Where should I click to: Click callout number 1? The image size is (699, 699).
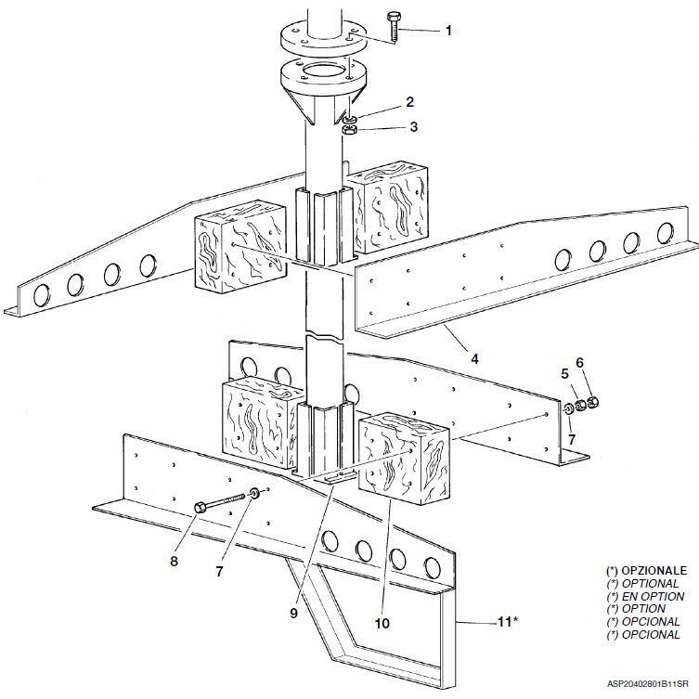[448, 31]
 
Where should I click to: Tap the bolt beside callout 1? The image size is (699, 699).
[393, 27]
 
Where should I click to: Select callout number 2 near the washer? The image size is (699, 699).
[409, 102]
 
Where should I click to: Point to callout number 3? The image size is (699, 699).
[414, 127]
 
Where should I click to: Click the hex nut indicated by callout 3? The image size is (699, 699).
[348, 131]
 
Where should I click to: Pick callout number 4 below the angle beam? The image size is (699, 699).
[474, 358]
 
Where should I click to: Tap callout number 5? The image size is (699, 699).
[564, 373]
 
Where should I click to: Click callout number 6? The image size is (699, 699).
[579, 362]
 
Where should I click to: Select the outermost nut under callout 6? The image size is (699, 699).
[592, 402]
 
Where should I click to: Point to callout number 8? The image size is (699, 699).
[174, 561]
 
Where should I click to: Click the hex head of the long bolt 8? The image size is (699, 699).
[201, 508]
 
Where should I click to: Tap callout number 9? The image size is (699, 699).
[293, 614]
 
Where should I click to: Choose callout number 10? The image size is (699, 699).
[382, 624]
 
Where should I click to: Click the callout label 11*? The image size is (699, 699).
[508, 621]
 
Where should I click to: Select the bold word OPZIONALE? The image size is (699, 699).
[654, 571]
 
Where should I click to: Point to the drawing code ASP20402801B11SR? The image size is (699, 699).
[647, 684]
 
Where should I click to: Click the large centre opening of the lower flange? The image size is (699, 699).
[323, 71]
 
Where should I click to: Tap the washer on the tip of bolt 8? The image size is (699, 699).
[255, 493]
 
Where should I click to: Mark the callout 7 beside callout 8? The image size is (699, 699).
[219, 572]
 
